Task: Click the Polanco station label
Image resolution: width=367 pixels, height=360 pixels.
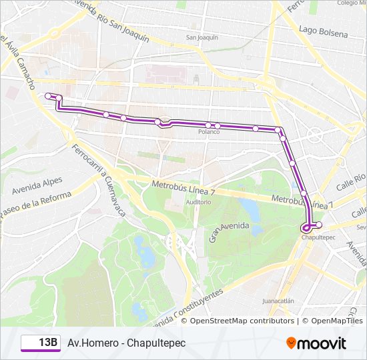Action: (209, 132)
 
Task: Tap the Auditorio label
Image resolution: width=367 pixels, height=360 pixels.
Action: (199, 202)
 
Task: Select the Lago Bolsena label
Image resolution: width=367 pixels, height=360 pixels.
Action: (324, 33)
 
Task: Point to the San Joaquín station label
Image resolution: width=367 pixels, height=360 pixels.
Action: (202, 37)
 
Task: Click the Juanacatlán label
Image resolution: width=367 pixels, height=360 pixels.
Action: (278, 301)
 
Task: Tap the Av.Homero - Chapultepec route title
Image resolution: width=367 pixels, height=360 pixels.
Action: (126, 343)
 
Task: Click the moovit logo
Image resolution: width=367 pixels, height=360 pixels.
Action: (316, 343)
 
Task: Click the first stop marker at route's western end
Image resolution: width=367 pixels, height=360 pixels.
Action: (47, 96)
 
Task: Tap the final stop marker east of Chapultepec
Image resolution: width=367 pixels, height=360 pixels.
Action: (318, 225)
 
